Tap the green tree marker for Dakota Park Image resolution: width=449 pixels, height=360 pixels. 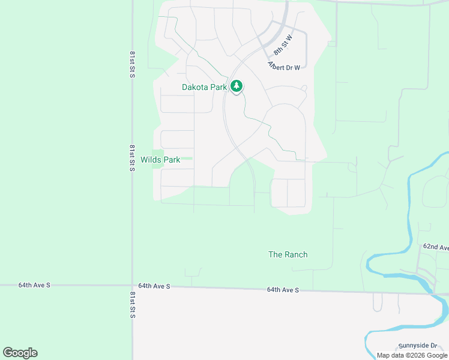[237, 86]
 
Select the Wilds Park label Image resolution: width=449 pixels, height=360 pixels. [160, 160]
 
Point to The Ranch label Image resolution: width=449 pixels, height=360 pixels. [288, 254]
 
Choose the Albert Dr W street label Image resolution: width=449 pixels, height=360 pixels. [284, 67]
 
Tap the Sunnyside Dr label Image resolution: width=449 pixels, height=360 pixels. [418, 346]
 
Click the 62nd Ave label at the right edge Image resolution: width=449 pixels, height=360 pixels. [436, 247]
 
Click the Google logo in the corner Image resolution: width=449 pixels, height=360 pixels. [20, 353]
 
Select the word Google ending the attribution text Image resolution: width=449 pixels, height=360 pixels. [435, 355]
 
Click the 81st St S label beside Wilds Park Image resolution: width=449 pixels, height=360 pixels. [132, 157]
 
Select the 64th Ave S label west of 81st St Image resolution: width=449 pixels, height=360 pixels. [34, 285]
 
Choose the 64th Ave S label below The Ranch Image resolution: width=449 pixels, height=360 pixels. [283, 290]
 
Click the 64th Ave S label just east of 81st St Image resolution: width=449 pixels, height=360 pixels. [154, 286]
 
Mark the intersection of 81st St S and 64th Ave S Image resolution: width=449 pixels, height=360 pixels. [132, 286]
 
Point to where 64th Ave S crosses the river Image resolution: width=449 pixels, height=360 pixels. [431, 293]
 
